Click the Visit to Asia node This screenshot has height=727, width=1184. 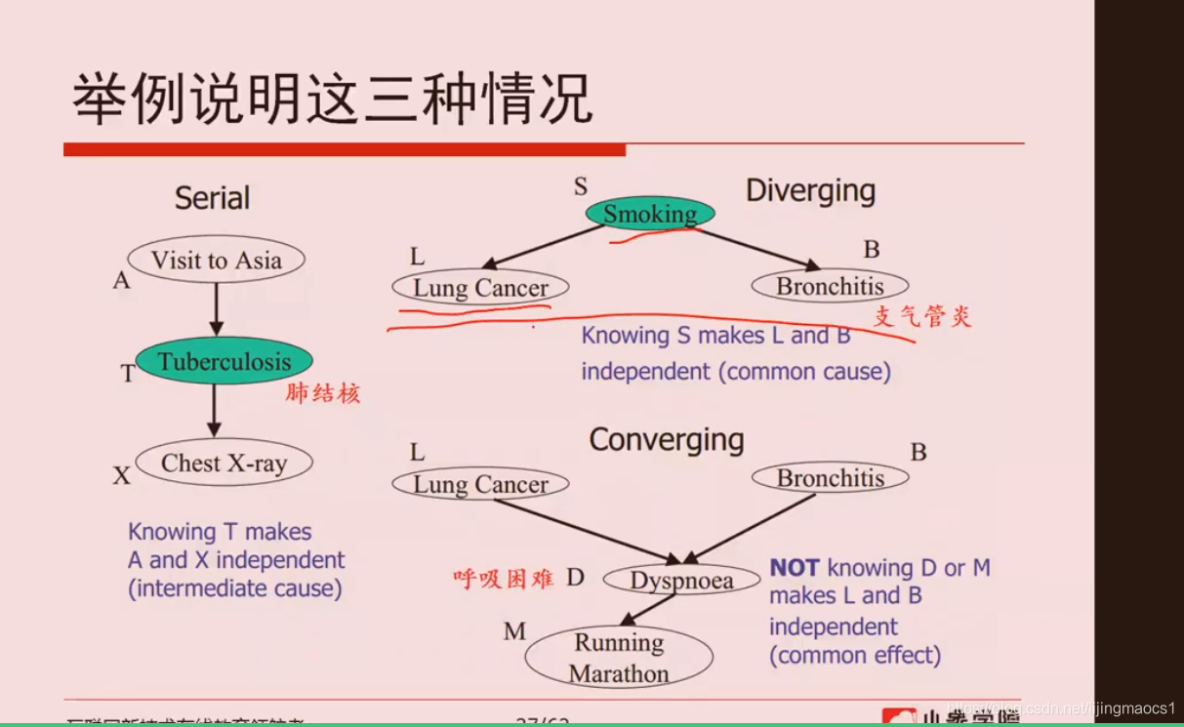click(216, 261)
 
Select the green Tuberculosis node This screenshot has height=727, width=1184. click(224, 362)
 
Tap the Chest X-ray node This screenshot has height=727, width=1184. click(224, 464)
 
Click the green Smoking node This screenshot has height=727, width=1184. click(650, 214)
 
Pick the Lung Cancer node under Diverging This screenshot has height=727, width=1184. click(480, 288)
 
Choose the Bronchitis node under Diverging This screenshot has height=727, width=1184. click(830, 286)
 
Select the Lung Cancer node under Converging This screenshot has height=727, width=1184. click(480, 484)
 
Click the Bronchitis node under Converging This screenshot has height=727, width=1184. click(830, 478)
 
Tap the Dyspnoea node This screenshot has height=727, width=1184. click(681, 581)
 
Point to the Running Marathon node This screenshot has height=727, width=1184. click(620, 658)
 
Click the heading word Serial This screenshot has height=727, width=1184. click(212, 198)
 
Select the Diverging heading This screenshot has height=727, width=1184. click(810, 191)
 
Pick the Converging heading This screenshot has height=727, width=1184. click(667, 440)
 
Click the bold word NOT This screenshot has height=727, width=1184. click(795, 568)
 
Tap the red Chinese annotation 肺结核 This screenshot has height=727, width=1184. click(323, 393)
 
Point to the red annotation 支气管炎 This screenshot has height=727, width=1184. click(922, 316)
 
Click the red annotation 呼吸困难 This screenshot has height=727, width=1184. click(504, 579)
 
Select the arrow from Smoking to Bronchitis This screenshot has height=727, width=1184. click(756, 248)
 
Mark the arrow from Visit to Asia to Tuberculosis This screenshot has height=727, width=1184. click(216, 310)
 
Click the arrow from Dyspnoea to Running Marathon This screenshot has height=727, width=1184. click(647, 609)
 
